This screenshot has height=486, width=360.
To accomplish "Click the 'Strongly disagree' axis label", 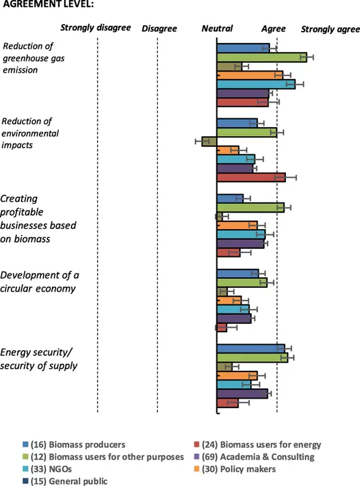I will coord(95,28).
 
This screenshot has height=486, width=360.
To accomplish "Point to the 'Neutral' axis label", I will coord(217,28).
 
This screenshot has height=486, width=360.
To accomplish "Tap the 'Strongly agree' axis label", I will coord(330,29).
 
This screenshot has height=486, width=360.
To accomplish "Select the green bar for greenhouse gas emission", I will coord(261,57).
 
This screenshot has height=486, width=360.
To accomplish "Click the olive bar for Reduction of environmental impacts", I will coord(209,141).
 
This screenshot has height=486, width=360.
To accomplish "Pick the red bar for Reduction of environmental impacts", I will coord(251,178).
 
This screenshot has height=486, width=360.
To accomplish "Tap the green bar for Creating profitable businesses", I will coord(251,207).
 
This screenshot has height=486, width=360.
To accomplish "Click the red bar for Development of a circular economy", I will coord(221,327).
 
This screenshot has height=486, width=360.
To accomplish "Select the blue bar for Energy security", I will coord(251,348).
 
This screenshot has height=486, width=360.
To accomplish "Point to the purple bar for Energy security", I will coord(242,394).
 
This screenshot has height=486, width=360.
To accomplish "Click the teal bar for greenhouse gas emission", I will coord(256,84).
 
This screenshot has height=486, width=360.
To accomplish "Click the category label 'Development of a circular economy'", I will coord(40,282).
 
